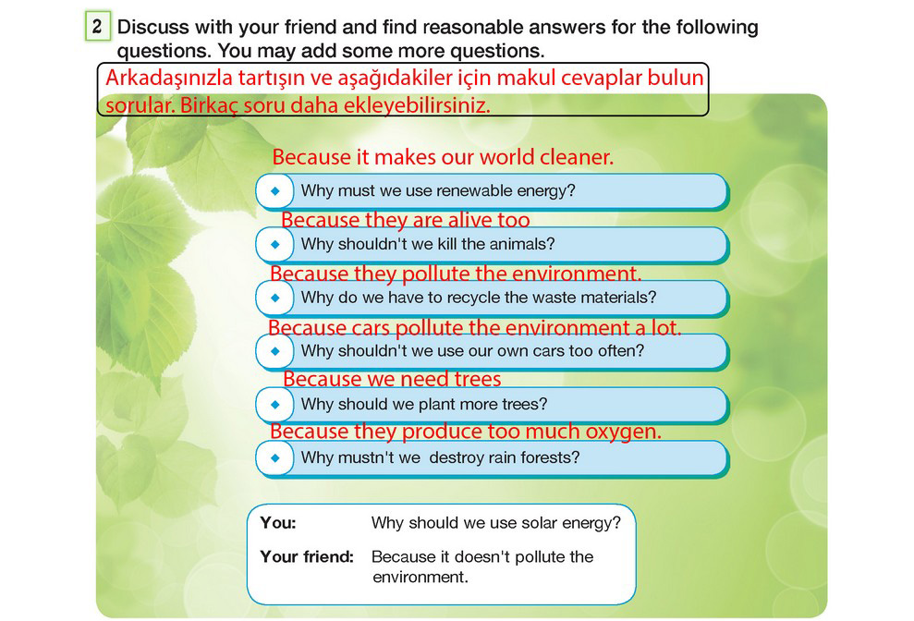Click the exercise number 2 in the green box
point(97,26)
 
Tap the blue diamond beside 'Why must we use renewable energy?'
point(275,190)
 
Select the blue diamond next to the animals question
point(275,244)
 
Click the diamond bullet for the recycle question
point(275,298)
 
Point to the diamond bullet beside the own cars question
point(275,351)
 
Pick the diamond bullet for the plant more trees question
point(275,405)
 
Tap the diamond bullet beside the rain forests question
point(275,458)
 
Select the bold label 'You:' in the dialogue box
point(278,522)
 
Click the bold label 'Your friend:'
point(307,557)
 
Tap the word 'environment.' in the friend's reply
point(420,578)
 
